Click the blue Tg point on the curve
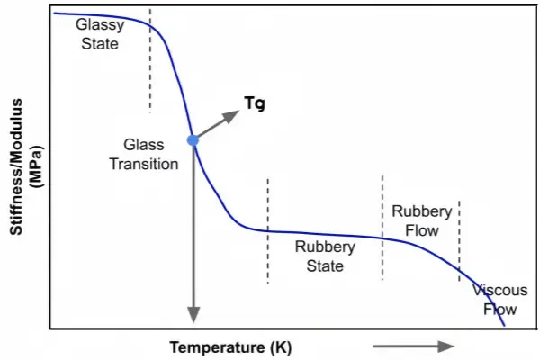coord(192,139)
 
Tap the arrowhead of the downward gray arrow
coord(192,314)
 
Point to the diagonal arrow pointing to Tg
coord(216,125)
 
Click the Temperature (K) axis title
coord(231,346)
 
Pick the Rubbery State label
coord(325,256)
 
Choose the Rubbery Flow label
coord(421,220)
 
